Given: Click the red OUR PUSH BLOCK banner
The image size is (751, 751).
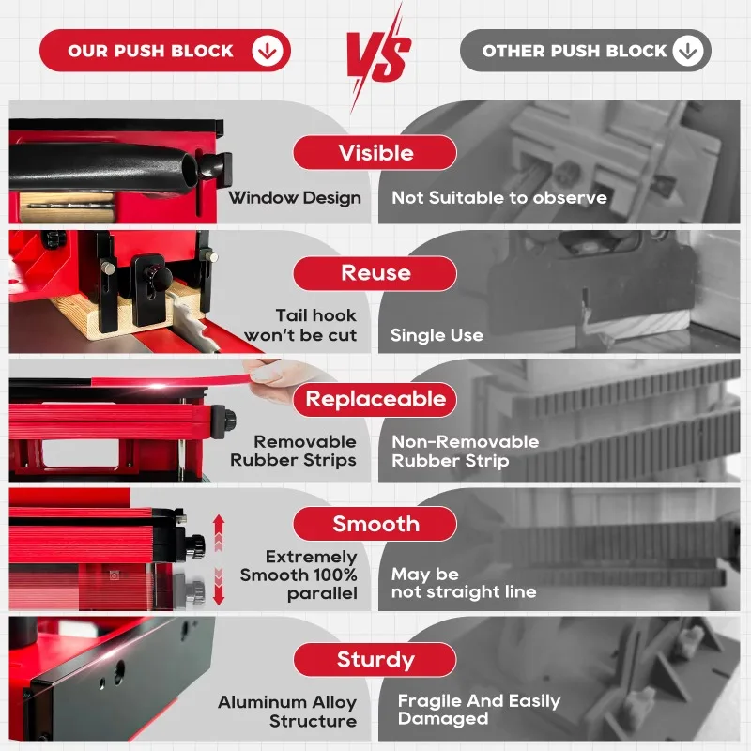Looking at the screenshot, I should (x=150, y=51).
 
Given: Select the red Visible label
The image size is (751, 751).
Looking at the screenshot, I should (x=375, y=153).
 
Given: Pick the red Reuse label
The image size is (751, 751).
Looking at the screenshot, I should (x=375, y=273).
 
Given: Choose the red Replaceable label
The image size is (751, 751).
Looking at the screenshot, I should (x=375, y=399).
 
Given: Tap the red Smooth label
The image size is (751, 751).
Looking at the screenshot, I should (x=375, y=524).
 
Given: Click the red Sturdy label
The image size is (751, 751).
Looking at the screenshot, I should (x=375, y=660).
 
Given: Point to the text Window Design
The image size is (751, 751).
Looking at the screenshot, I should (x=295, y=197).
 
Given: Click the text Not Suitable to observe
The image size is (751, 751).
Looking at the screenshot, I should (x=499, y=197).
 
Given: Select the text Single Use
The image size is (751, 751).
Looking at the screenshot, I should (x=437, y=335).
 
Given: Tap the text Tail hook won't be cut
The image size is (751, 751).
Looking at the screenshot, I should (x=302, y=325).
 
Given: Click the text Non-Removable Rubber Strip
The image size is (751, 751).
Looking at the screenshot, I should (x=466, y=451).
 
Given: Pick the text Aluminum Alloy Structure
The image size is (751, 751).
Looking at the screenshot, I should (x=289, y=712).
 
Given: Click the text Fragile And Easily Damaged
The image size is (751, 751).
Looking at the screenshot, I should (x=479, y=710).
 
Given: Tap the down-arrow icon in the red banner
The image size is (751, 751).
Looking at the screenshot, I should (x=267, y=52).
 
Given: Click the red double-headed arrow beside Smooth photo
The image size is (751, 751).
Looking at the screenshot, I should (x=219, y=559).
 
